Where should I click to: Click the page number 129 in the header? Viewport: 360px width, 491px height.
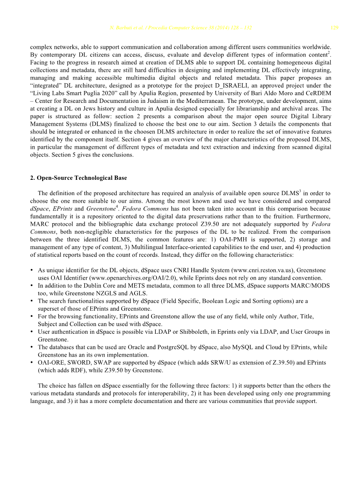tap(334, 28)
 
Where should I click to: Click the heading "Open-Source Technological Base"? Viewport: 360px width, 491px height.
tap(82, 178)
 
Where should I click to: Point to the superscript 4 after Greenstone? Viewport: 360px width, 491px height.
tap(117, 207)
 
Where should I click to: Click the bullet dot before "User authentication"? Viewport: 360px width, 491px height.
tap(32, 332)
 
